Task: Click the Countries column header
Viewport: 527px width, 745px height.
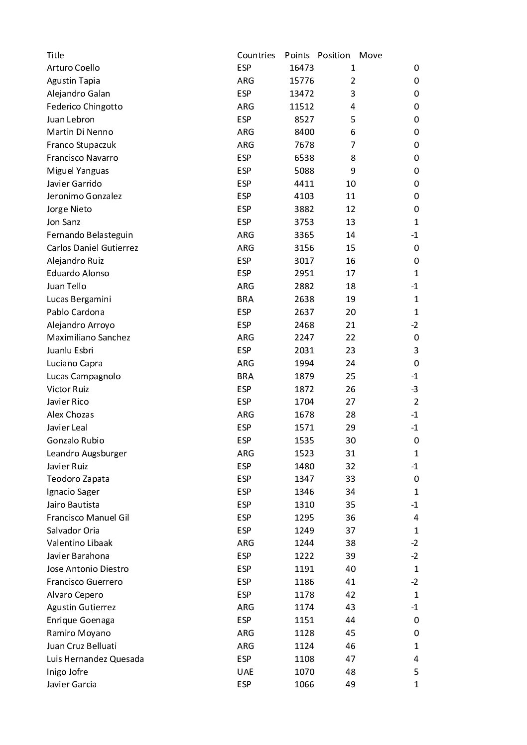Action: (x=256, y=55)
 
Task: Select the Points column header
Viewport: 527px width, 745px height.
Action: (x=297, y=55)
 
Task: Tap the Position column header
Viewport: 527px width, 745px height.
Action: (x=334, y=55)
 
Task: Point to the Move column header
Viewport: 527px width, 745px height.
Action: (x=371, y=55)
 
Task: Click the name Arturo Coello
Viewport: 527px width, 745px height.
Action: (x=73, y=68)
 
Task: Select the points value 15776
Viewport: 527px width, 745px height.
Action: (x=301, y=81)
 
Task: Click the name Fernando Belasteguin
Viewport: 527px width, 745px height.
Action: (x=90, y=235)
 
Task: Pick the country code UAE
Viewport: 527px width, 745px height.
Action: (x=245, y=672)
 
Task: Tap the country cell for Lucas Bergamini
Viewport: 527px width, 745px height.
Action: (x=245, y=299)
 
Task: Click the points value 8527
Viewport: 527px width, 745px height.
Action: (x=304, y=119)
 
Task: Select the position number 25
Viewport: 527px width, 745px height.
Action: (x=350, y=376)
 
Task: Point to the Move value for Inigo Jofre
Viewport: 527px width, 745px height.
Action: (x=416, y=672)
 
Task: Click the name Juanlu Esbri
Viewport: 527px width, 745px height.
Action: (x=70, y=350)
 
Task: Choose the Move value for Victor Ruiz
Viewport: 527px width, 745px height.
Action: (x=414, y=389)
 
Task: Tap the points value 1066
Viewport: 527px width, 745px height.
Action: (x=304, y=685)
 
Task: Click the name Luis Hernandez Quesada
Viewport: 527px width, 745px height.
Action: (x=95, y=659)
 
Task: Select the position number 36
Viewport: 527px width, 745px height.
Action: (x=350, y=518)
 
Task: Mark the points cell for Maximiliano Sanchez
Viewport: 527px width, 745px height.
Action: (x=304, y=337)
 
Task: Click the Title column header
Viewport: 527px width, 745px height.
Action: (x=55, y=55)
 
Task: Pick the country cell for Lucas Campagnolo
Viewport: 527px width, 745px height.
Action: (x=245, y=376)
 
